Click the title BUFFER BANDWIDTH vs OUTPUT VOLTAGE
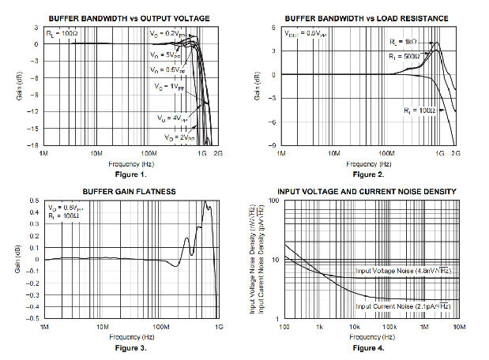130,17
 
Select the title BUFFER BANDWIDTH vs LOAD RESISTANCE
368,17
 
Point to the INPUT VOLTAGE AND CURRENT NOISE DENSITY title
366,192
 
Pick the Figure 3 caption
130,347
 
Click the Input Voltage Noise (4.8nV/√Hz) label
402,271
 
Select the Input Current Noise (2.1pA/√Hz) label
402,306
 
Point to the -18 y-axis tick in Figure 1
35,145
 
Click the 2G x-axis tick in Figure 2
455,153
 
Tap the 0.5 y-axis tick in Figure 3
35,201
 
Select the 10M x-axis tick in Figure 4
457,326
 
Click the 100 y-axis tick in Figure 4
276,201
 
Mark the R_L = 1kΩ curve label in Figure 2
404,40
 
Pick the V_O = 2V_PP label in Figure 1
180,137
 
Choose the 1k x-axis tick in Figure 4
319,326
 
